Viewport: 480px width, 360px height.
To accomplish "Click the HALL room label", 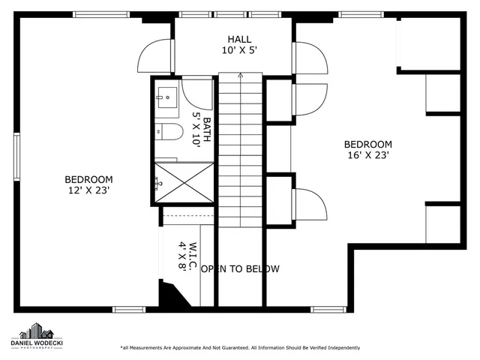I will point(240,39).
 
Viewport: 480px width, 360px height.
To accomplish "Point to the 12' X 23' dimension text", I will point(88,190).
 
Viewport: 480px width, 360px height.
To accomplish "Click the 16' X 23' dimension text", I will point(367,156).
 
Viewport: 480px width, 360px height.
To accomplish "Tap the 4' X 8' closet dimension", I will point(182,256).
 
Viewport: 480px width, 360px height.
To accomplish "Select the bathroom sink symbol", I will point(166,95).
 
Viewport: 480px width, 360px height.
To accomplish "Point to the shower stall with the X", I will point(184,182).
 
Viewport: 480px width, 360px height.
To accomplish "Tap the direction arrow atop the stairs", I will point(240,76).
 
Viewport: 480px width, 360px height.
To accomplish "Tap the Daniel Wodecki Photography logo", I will point(35,337).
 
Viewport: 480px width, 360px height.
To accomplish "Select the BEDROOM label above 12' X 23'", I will point(88,179).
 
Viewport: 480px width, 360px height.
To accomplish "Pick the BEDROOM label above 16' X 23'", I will point(367,145).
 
